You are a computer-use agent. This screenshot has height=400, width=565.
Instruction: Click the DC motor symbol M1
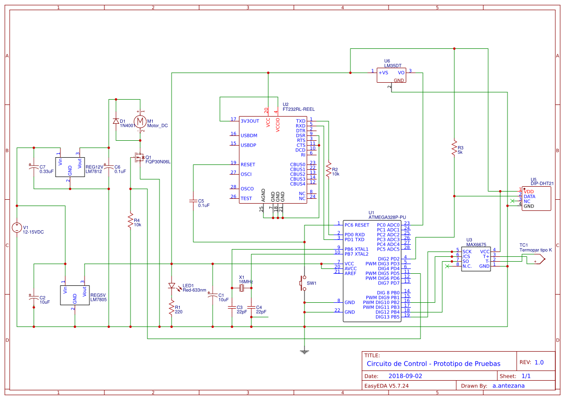pyautogui.click(x=140, y=121)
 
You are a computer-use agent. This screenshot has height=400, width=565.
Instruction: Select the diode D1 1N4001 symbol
pyautogui.click(x=116, y=121)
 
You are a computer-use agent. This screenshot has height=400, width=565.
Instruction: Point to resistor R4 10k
pyautogui.click(x=130, y=221)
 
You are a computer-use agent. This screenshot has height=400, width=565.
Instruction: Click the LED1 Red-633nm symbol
pyautogui.click(x=171, y=286)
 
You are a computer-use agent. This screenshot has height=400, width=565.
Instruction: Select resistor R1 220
pyautogui.click(x=171, y=307)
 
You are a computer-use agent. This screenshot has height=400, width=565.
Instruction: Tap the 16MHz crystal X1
pyautogui.click(x=242, y=288)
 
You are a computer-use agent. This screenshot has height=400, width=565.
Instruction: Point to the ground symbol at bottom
pyautogui.click(x=304, y=351)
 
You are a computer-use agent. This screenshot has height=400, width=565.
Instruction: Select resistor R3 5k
pyautogui.click(x=454, y=147)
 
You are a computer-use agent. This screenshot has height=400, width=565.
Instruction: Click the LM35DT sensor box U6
pyautogui.click(x=391, y=75)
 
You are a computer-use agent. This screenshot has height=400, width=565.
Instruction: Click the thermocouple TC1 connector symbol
pyautogui.click(x=536, y=260)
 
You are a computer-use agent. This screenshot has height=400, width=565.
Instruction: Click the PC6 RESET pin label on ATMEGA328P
pyautogui.click(x=357, y=225)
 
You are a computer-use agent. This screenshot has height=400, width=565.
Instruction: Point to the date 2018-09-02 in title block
pyautogui.click(x=405, y=376)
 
